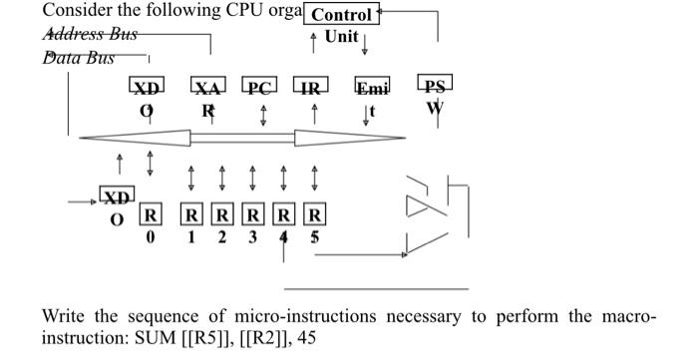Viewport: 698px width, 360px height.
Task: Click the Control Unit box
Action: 341,15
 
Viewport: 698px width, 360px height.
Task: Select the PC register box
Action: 261,87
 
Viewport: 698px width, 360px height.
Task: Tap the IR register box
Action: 313,87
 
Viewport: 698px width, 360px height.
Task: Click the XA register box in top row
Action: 207,87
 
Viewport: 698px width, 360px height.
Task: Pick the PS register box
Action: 435,87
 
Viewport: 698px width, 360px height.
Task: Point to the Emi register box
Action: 373,87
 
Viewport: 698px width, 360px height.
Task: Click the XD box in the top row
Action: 149,87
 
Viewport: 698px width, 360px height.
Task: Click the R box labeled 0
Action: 151,214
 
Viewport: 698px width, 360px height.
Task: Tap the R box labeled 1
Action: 191,214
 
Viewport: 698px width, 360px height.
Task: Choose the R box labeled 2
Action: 222,214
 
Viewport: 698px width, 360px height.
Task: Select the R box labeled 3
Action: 253,214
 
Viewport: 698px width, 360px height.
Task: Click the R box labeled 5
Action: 315,214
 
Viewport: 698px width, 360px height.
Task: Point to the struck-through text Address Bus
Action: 85,34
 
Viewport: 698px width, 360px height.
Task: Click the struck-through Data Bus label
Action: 79,57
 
